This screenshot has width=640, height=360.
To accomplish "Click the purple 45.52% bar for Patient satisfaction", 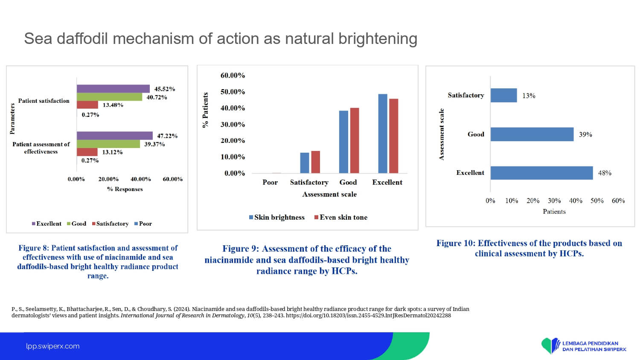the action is click(113, 89).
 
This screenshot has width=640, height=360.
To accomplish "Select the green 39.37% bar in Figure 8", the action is click(108, 144).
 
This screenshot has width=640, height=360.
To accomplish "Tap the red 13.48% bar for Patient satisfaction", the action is click(87, 105).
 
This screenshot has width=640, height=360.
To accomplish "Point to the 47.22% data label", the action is click(167, 136).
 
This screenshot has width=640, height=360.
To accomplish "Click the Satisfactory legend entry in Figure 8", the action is click(110, 224).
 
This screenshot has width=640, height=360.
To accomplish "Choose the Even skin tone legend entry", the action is click(340, 218).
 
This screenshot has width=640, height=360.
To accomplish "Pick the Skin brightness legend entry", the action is click(276, 218).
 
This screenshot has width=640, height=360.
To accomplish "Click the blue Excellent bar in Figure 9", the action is click(383, 134).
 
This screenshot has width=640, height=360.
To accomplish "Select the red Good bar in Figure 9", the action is click(355, 140).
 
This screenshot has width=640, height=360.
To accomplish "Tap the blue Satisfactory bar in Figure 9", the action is click(305, 163).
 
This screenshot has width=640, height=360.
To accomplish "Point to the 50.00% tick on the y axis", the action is click(233, 92).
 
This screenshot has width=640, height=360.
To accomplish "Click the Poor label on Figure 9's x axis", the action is click(270, 182).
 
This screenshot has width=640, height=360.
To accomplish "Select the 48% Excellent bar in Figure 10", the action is click(542, 173).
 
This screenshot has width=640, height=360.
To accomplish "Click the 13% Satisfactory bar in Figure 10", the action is click(504, 95).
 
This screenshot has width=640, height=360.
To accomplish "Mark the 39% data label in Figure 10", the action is click(585, 134).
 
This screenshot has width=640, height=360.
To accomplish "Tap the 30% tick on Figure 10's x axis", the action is click(554, 200).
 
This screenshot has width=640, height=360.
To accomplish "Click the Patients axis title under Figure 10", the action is click(554, 212).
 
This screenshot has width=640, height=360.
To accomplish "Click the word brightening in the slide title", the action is click(378, 38).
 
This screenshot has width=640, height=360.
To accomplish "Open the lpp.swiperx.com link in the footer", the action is click(53, 346).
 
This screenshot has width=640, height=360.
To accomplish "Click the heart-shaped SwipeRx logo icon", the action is click(550, 346).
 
